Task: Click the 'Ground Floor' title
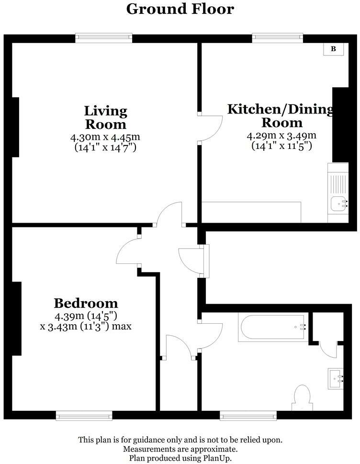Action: point(180,9)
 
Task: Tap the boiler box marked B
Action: point(334,49)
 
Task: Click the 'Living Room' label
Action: point(106,118)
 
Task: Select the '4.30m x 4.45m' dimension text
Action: point(106,137)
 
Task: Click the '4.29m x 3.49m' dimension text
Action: point(281,135)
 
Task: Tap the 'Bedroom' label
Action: point(86,303)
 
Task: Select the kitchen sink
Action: point(338,204)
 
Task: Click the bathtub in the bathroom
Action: point(273,328)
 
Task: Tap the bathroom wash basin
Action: point(336,379)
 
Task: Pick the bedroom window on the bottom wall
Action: point(84,415)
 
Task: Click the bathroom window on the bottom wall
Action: point(248,415)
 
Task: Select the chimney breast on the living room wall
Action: point(15,127)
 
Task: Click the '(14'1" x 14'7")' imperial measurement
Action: point(106,147)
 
